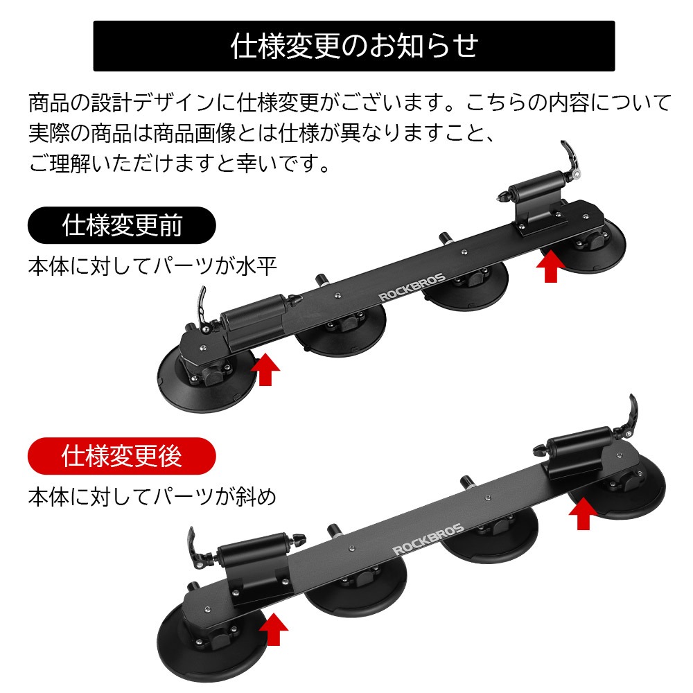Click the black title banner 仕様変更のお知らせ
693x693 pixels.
(x=353, y=46)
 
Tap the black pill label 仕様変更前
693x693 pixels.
(x=121, y=225)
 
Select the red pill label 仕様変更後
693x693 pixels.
(x=121, y=456)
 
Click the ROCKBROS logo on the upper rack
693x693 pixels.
(x=412, y=288)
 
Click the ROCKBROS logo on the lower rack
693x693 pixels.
(x=428, y=538)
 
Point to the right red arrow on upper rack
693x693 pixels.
(x=550, y=267)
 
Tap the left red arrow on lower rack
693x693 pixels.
(x=274, y=629)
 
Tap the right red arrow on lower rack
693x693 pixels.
(x=584, y=514)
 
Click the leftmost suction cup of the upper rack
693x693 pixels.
(x=207, y=380)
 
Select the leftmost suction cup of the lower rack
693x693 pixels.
(x=212, y=642)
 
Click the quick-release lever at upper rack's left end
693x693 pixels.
(x=202, y=309)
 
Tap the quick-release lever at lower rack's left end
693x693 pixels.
(x=195, y=548)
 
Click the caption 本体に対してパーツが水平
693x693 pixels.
(x=152, y=267)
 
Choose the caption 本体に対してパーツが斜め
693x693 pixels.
(x=152, y=497)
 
